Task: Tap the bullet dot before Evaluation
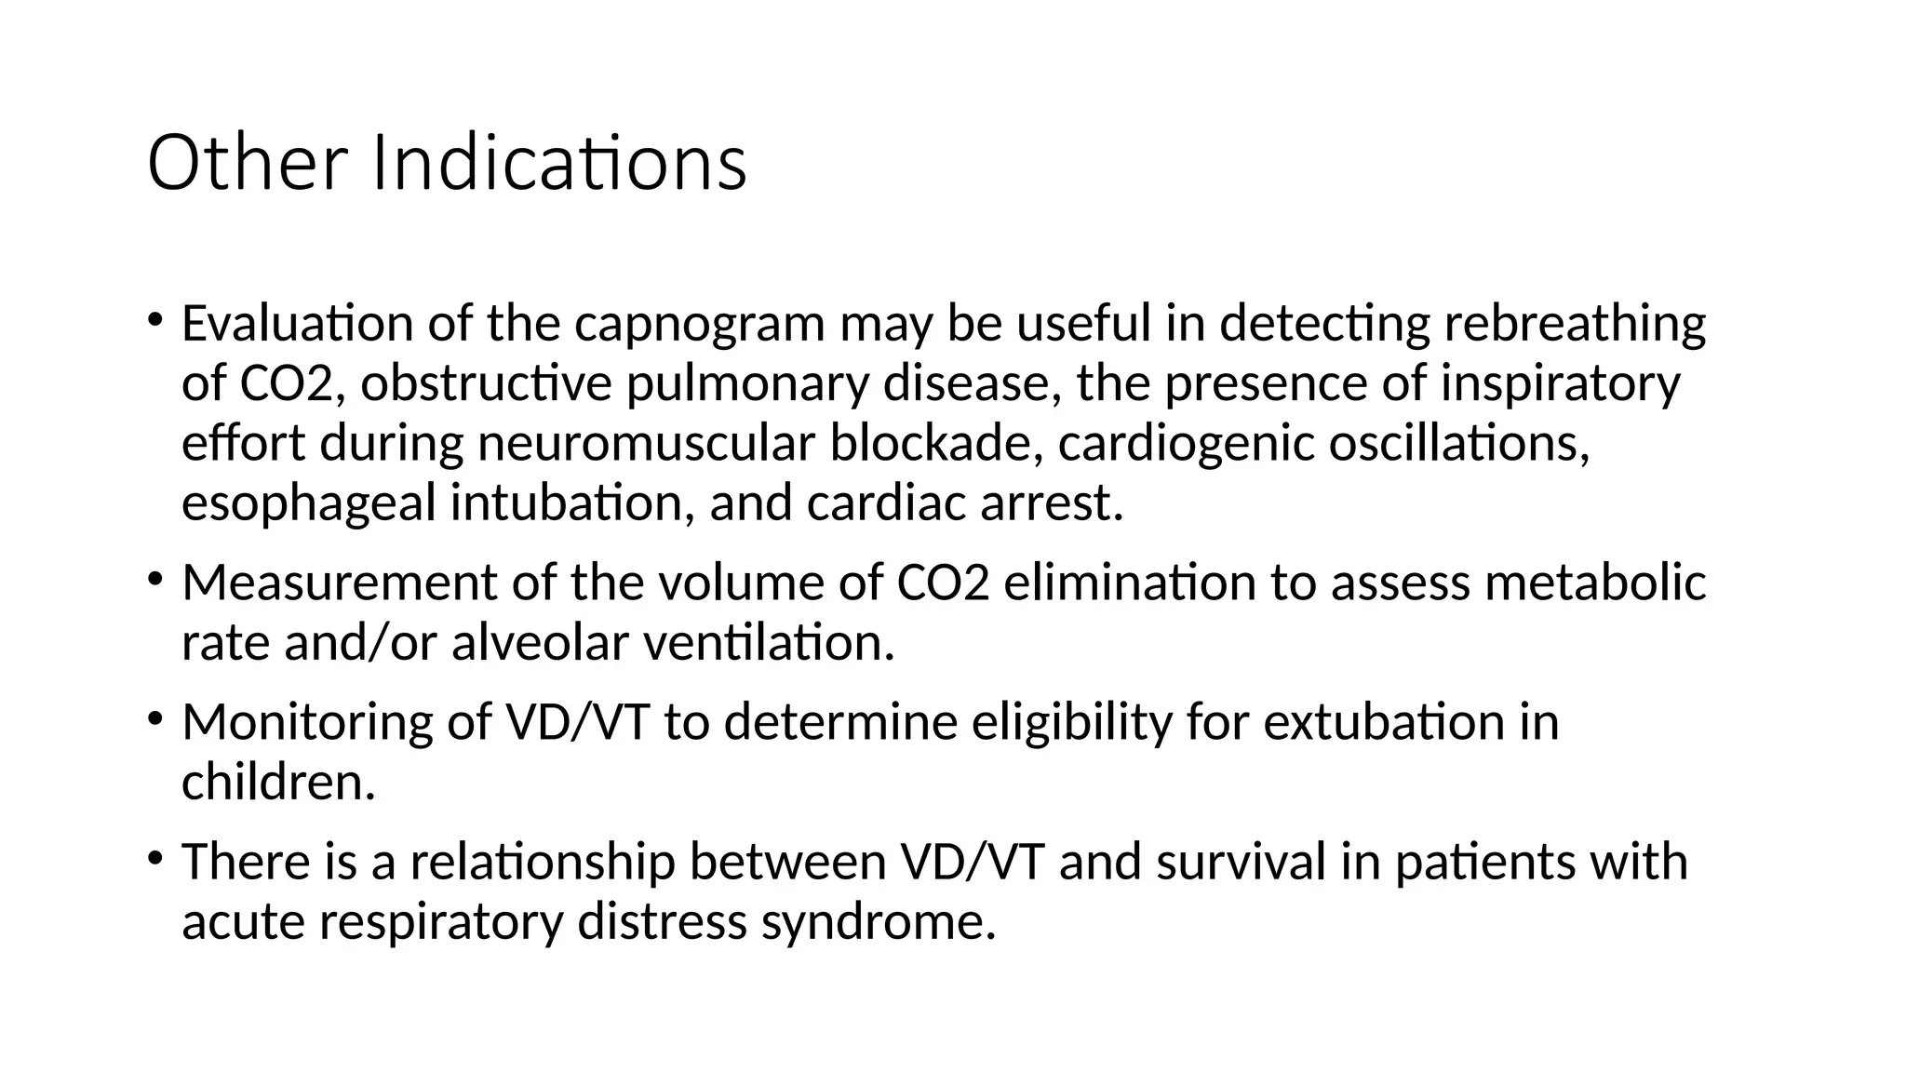(154, 320)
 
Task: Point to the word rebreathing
(1575, 324)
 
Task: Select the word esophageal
(308, 503)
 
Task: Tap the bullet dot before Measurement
(154, 579)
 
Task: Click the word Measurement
(340, 583)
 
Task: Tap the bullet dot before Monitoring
(154, 718)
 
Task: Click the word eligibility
(1071, 722)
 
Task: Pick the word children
(278, 782)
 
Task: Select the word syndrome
(879, 921)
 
